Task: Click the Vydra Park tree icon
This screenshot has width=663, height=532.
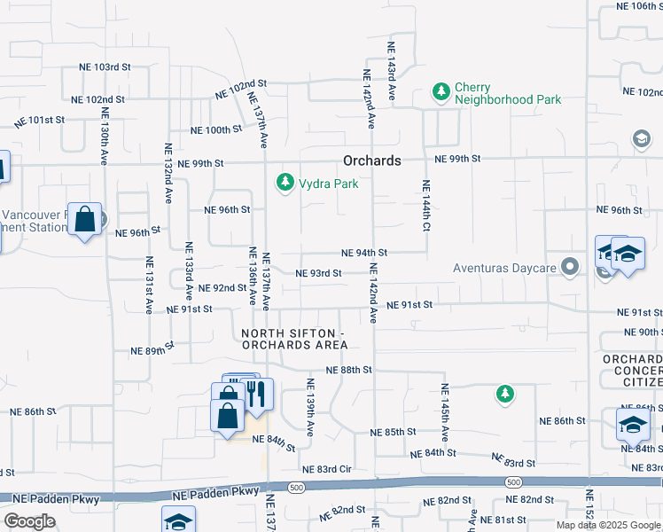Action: click(285, 183)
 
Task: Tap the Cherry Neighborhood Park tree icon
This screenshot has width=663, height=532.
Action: click(440, 90)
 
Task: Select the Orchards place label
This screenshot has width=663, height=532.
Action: click(372, 160)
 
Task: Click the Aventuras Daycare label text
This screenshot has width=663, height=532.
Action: click(503, 267)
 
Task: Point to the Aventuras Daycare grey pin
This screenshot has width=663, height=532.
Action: click(570, 266)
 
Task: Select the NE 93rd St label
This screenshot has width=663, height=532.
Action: click(318, 273)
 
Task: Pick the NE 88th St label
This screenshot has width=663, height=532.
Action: click(347, 369)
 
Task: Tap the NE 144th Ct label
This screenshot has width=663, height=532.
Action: click(425, 206)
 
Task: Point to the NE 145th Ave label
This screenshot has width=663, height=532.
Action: click(445, 412)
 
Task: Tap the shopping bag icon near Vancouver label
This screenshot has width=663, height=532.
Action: click(85, 222)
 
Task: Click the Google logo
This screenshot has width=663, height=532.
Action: click(28, 521)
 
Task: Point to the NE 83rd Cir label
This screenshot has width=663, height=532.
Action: click(327, 469)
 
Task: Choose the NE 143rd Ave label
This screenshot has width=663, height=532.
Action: click(390, 69)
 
